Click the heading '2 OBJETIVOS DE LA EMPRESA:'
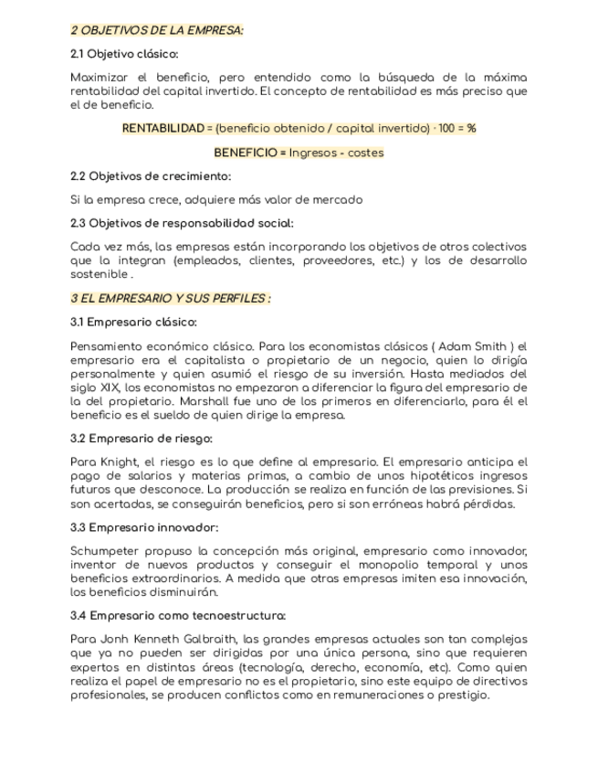[157, 31]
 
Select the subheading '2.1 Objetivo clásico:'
[124, 54]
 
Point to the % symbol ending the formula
[471, 129]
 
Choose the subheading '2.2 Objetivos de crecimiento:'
[151, 176]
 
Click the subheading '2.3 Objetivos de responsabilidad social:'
[182, 223]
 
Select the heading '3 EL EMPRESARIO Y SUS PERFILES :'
[171, 298]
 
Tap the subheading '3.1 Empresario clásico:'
[133, 322]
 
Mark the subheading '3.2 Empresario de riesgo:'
[142, 439]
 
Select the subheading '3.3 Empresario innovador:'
[144, 527]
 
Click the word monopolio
[380, 565]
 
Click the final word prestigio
[463, 695]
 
